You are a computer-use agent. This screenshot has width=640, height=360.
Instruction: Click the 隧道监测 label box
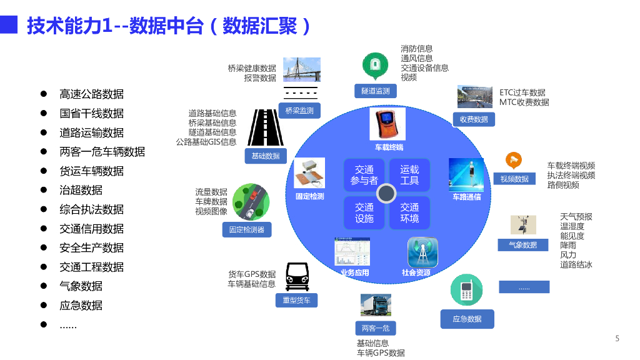pyautogui.click(x=376, y=91)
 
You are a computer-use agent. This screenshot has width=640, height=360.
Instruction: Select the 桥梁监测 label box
pyautogui.click(x=299, y=111)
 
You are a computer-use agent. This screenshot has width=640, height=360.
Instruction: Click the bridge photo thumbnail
pyautogui.click(x=302, y=69)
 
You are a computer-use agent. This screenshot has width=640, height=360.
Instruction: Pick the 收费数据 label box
pyautogui.click(x=474, y=119)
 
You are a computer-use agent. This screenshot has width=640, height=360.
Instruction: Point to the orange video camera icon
pyautogui.click(x=514, y=161)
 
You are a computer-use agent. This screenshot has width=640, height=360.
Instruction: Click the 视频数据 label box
pyautogui.click(x=514, y=179)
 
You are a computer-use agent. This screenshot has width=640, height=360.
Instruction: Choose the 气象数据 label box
pyautogui.click(x=523, y=245)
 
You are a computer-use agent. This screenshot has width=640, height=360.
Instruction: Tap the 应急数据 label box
pyautogui.click(x=467, y=319)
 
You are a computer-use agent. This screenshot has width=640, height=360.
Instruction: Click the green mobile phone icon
pyautogui.click(x=466, y=290)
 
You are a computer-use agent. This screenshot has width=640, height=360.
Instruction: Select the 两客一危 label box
pyautogui.click(x=376, y=328)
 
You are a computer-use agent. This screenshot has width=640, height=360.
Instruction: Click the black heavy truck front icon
pyautogui.click(x=297, y=276)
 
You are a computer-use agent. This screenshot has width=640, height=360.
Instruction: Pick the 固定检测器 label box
pyautogui.click(x=247, y=230)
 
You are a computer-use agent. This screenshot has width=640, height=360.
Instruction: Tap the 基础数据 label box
pyautogui.click(x=266, y=156)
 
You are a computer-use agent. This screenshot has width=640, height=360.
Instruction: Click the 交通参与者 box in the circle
pyautogui.click(x=364, y=175)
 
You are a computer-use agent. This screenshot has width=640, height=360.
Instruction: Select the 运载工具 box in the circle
pyautogui.click(x=409, y=175)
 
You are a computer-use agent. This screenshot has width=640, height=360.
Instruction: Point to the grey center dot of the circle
pyautogui.click(x=386, y=194)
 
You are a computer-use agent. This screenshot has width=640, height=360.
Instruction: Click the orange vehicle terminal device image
pyautogui.click(x=387, y=124)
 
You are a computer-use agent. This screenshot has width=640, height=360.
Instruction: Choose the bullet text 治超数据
pyautogui.click(x=81, y=190)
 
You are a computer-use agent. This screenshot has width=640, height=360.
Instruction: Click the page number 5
pyautogui.click(x=617, y=338)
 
